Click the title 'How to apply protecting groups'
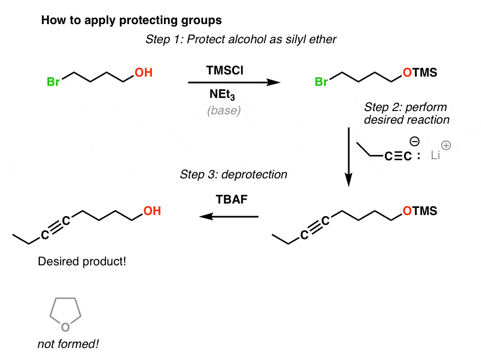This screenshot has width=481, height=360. coord(131,21)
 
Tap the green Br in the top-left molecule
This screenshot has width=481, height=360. coord(53,83)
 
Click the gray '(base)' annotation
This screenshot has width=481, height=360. coord(224,111)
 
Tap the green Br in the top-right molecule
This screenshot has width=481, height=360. coord(322,83)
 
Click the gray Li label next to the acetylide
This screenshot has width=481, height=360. coord(436,156)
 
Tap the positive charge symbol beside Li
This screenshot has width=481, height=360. coord(445,146)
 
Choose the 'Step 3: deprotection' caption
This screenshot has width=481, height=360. coord(233,175)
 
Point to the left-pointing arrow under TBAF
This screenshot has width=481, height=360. coord(228,217)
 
